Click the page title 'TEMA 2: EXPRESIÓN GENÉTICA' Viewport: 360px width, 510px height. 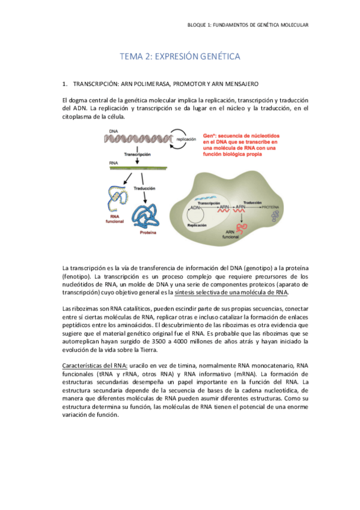[x=180, y=57]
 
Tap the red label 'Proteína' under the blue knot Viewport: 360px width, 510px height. [x=150, y=232]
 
